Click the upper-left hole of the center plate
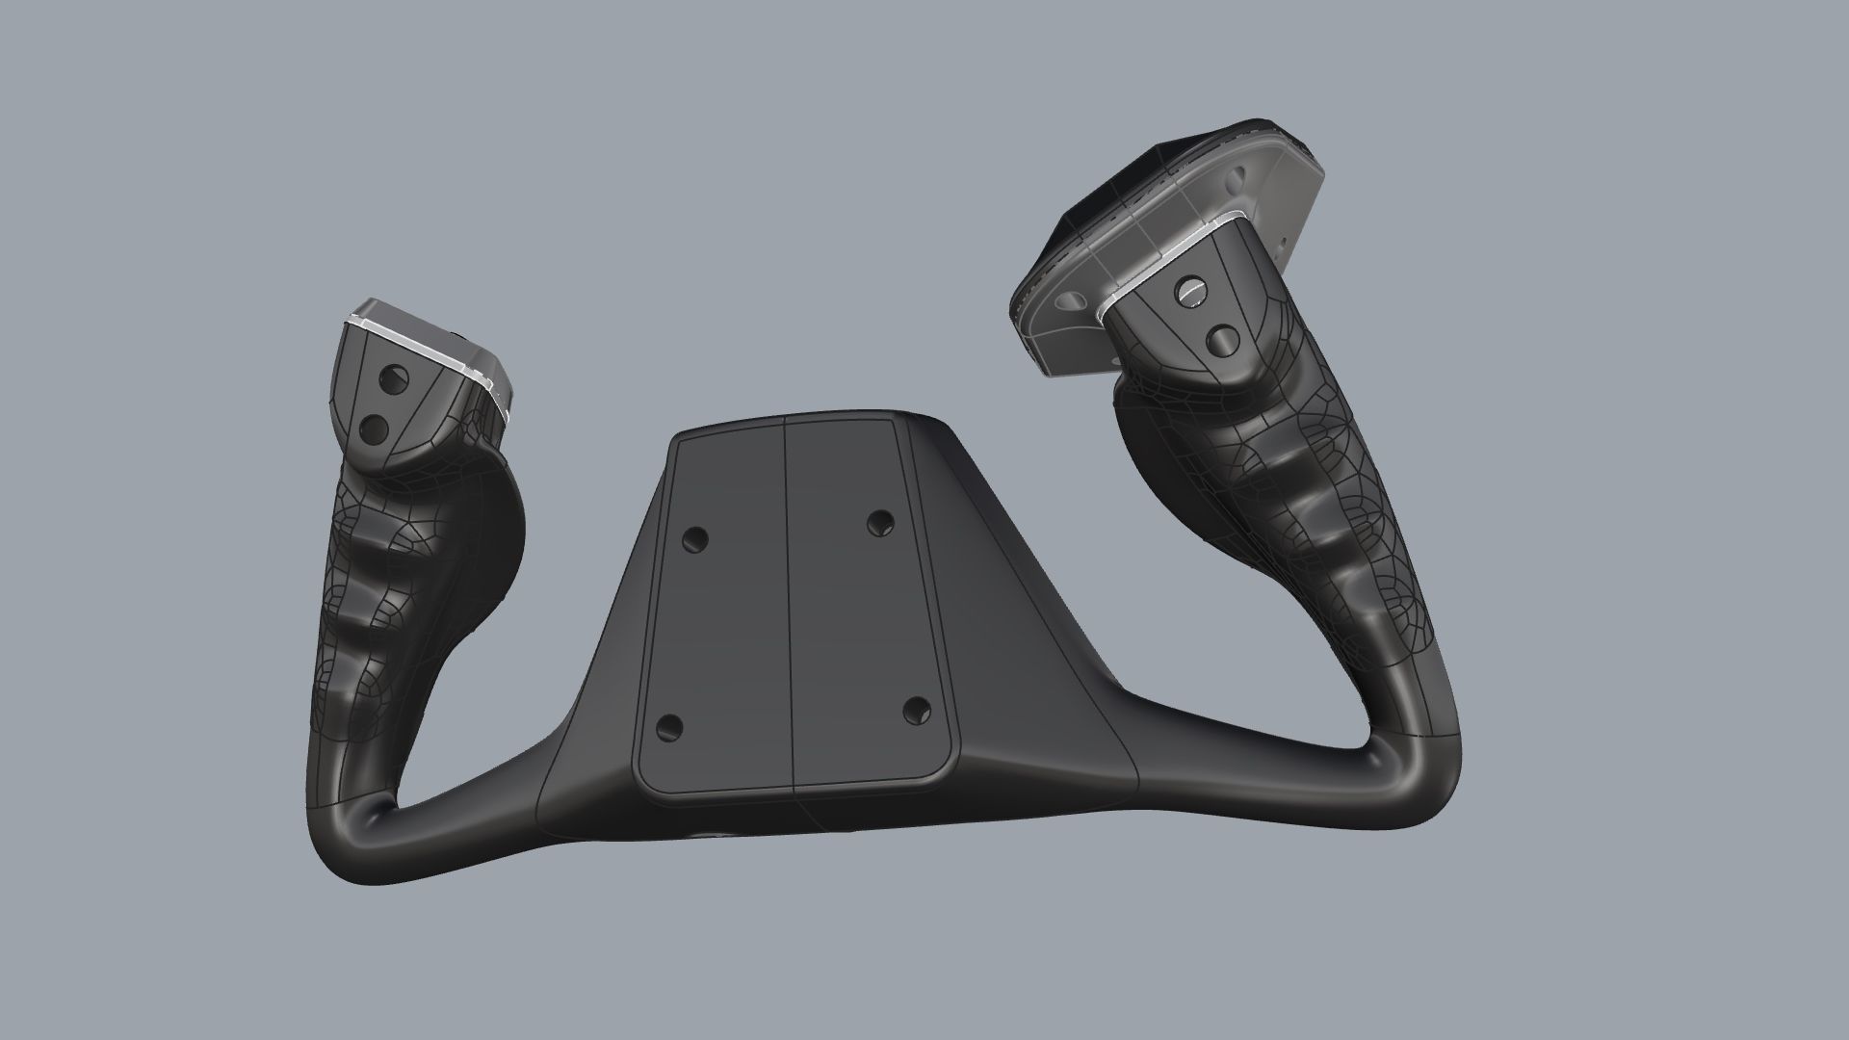click(694, 539)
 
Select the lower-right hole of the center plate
click(918, 711)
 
